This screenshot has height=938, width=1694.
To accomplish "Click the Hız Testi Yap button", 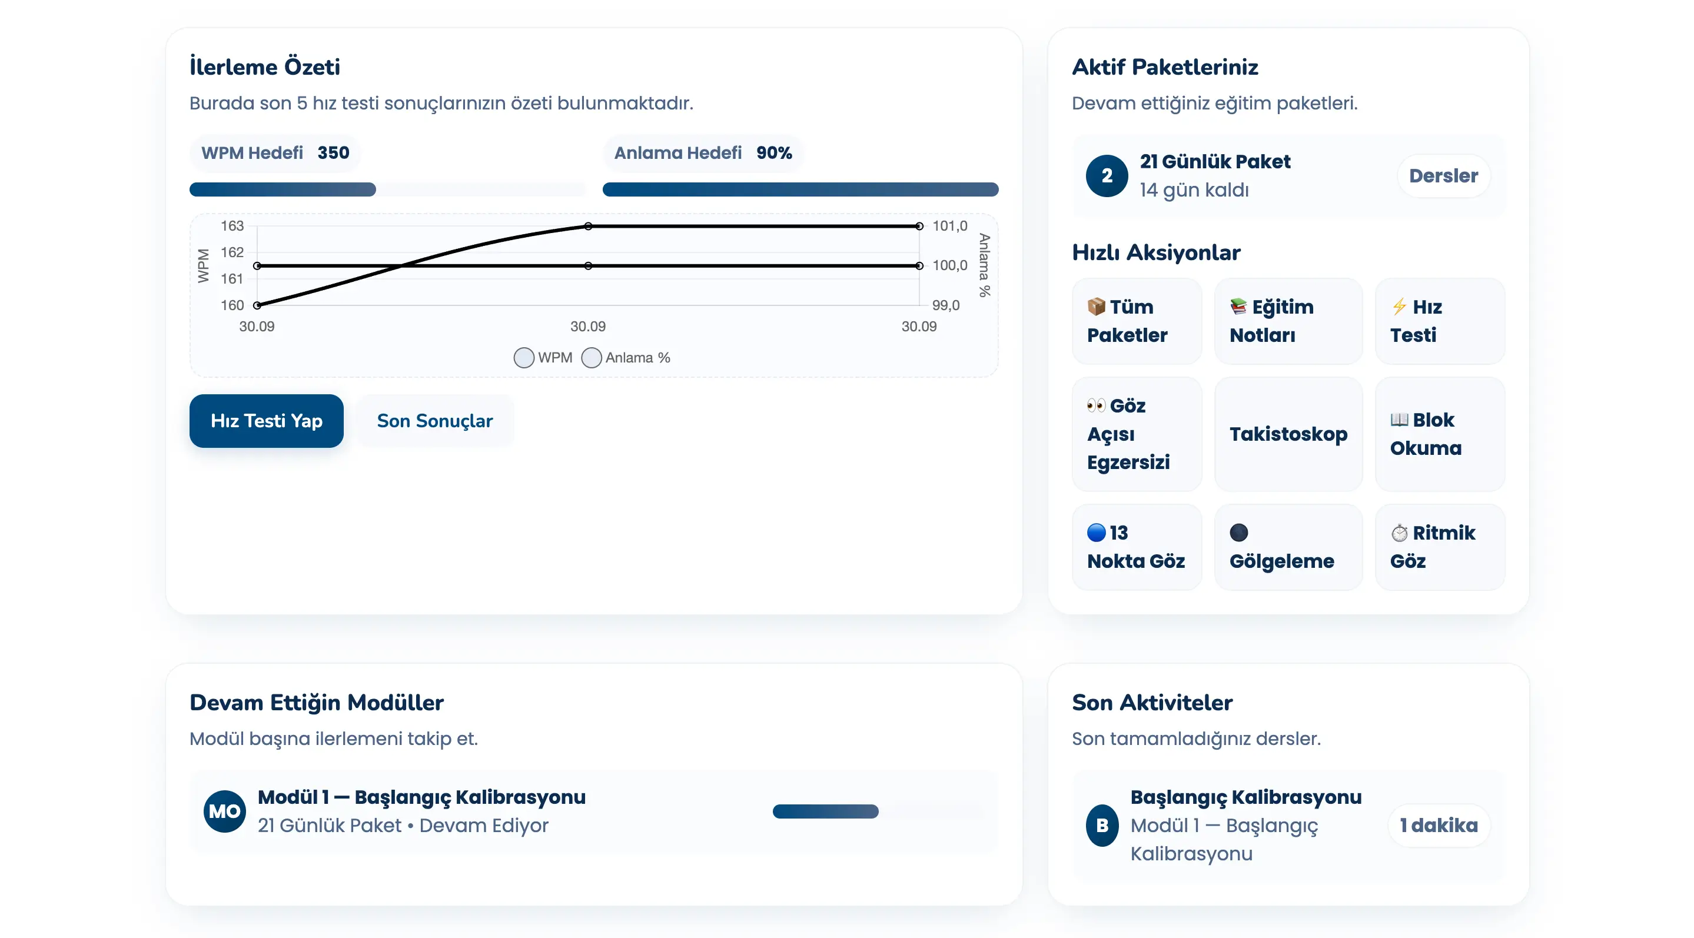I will [x=266, y=421].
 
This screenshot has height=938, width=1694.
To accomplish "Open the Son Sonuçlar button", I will [x=434, y=421].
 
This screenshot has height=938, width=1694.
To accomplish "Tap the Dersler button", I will [x=1443, y=175].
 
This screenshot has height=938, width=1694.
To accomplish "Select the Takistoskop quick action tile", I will [x=1288, y=434].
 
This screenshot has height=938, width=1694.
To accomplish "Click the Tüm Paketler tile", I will [x=1137, y=321].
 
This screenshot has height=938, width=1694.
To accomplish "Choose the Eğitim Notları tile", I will [x=1288, y=321].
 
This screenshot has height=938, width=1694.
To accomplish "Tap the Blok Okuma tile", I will [x=1439, y=434].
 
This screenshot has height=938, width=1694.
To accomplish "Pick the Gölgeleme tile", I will [x=1288, y=547].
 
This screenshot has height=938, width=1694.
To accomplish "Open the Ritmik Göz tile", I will [x=1439, y=547].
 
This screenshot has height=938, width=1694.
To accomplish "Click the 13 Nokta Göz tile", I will [x=1137, y=547].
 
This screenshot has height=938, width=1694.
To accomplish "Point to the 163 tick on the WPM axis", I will [x=232, y=226].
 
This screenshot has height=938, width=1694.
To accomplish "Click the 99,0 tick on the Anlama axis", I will [x=946, y=305].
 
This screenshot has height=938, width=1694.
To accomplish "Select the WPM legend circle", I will [x=523, y=358].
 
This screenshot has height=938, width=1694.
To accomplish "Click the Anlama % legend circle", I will [x=591, y=358].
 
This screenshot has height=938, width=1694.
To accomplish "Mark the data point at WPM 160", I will [x=257, y=305].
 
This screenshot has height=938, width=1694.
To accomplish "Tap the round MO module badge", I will [x=225, y=811].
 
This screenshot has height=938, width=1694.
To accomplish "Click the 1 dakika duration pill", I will [x=1438, y=825].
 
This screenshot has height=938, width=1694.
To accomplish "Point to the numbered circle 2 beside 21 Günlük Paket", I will [x=1107, y=175].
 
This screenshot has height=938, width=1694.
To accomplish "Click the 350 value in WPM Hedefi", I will [x=333, y=152].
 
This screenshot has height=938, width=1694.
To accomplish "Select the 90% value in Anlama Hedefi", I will [x=774, y=152].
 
